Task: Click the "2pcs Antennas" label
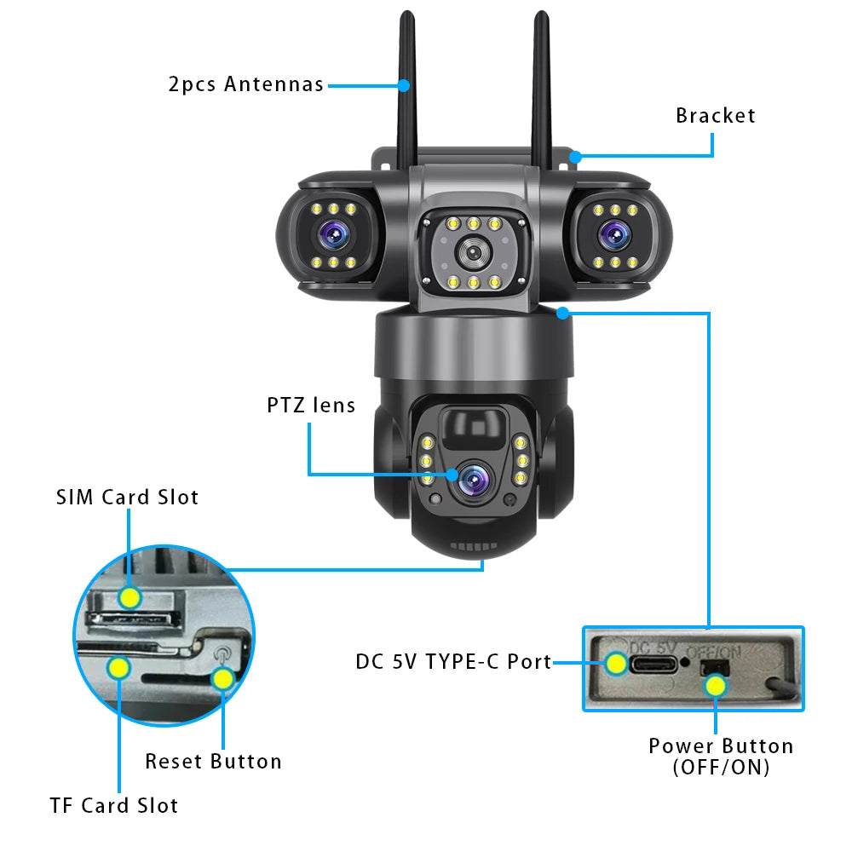245,84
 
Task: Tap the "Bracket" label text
715,116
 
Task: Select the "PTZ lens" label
310,405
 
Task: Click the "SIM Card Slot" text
127,498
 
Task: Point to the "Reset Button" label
213,761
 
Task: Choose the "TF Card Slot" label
113,805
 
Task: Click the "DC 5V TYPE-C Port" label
453,661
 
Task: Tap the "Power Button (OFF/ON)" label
720,756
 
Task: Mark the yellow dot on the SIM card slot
130,597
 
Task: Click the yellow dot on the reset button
222,678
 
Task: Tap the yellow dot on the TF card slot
118,667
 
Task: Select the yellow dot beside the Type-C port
615,662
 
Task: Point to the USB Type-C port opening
653,662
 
